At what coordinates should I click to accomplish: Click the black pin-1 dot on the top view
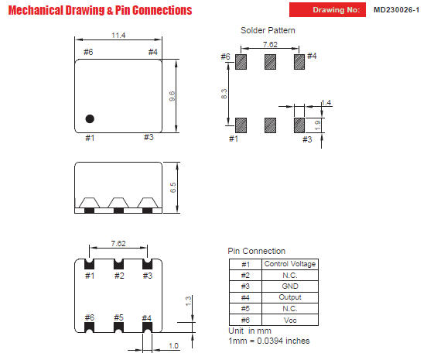(x=90, y=118)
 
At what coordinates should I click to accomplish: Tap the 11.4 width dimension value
(x=118, y=36)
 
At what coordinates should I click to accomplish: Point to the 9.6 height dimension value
(x=172, y=96)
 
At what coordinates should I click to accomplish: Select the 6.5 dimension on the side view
(x=173, y=187)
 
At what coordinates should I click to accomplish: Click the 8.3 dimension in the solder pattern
(x=224, y=94)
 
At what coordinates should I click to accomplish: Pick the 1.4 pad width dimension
(x=326, y=102)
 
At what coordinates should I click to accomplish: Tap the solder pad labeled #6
(x=241, y=62)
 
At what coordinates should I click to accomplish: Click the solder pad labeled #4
(x=299, y=62)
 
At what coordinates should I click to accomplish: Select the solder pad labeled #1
(x=241, y=125)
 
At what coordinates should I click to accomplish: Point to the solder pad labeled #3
(x=299, y=125)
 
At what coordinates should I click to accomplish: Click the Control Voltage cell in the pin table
(x=290, y=264)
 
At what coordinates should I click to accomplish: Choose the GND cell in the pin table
(x=290, y=286)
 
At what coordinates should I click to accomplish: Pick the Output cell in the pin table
(x=290, y=297)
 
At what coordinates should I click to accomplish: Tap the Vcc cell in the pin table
(x=290, y=320)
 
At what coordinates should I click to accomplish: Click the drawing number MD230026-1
(x=396, y=10)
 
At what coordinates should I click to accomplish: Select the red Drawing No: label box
(x=327, y=10)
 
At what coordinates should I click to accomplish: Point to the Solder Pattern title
(x=268, y=30)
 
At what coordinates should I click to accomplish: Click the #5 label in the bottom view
(x=118, y=317)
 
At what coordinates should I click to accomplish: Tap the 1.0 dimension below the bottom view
(x=173, y=346)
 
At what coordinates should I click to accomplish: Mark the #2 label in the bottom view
(x=119, y=276)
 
